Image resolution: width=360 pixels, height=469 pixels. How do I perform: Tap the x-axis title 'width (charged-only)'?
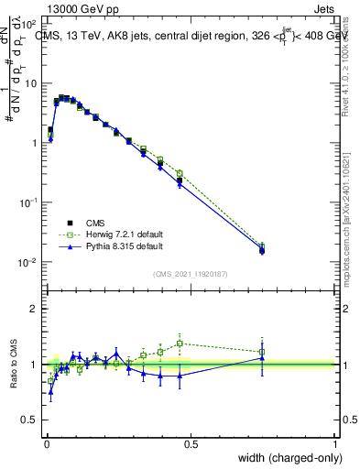285,458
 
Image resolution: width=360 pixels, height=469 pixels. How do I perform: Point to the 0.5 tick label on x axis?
190,444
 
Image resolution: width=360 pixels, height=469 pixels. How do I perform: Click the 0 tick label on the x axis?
46,444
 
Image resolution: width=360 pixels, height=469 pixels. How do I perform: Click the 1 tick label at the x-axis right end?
334,444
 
